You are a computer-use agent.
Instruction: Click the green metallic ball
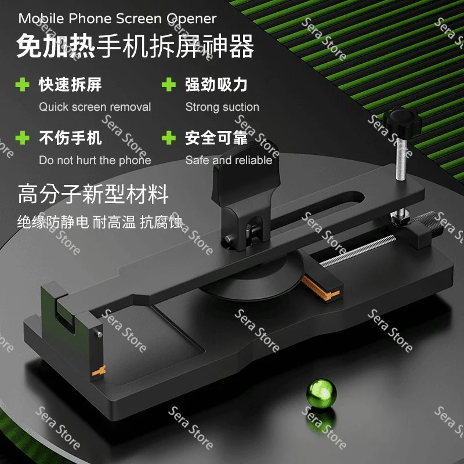pos(321,394)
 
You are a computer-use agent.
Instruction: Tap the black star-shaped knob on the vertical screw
pos(402,122)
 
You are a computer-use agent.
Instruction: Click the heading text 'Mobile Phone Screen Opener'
pos(118,19)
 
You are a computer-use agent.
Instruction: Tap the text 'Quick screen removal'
pos(95,107)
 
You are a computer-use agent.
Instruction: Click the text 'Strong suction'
pos(222,107)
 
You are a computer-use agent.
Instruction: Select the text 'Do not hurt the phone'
pos(95,160)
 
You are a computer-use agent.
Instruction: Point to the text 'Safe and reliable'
pos(229,160)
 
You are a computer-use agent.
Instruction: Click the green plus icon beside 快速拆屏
pos(23,85)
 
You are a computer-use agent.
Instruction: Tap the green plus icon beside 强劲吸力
pos(169,85)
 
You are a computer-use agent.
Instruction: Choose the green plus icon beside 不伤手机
pos(23,138)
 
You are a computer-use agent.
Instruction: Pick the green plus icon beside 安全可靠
pos(169,138)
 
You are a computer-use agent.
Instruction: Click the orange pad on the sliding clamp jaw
pos(320,288)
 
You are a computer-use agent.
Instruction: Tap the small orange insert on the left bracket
pos(99,371)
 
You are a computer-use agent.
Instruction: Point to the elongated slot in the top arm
pos(317,211)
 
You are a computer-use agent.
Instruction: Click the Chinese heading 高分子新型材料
pos(93,194)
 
